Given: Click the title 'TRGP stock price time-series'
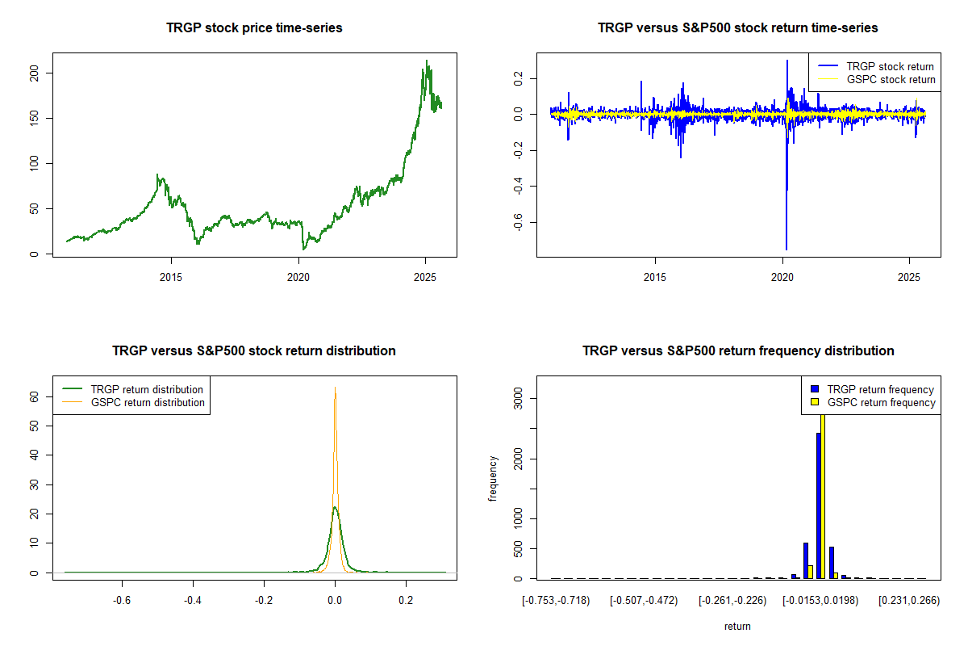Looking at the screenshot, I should click(x=254, y=28).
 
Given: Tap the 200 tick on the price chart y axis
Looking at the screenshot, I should click(x=46, y=73).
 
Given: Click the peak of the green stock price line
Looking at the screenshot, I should click(x=427, y=61).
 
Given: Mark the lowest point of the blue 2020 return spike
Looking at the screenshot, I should click(x=786, y=250).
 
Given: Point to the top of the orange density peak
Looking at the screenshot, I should click(x=335, y=388).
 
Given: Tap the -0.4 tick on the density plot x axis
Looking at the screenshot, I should click(x=192, y=601).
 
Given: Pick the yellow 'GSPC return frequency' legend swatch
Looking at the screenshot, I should click(x=815, y=402).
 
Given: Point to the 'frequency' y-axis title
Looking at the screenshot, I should click(x=493, y=479).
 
